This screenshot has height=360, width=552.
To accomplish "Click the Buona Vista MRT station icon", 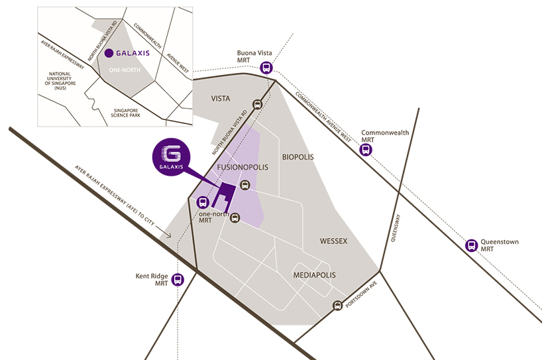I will click(x=266, y=68).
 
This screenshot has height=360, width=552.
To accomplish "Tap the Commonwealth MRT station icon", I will click(x=366, y=150).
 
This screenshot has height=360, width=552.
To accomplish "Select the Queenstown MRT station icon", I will click(x=472, y=245).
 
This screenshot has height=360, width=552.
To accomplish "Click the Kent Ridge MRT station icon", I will click(x=178, y=279).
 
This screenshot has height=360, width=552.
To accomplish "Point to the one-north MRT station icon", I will click(x=203, y=204).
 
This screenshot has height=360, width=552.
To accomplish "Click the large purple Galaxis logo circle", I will click(x=172, y=156).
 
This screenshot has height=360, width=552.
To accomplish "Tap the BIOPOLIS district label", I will click(x=298, y=158).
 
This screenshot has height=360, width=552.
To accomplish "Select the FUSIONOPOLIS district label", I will click(x=243, y=168).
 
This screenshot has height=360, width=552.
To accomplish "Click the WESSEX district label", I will click(x=334, y=241).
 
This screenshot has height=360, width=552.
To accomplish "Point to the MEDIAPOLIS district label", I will click(x=314, y=274).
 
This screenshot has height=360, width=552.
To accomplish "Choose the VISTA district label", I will click(x=221, y=99).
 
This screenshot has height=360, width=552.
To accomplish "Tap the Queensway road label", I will click(x=395, y=229).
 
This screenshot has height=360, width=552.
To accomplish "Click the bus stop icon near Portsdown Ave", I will click(x=337, y=306).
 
